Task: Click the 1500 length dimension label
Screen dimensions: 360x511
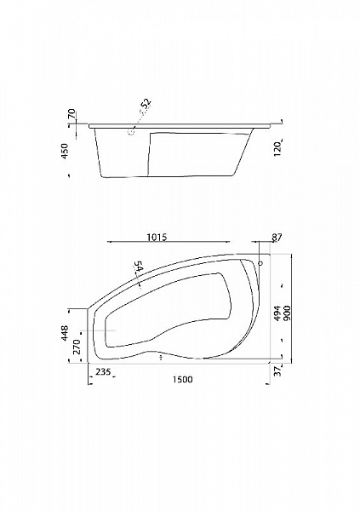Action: (183, 379)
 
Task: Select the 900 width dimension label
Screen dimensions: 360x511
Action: (287, 313)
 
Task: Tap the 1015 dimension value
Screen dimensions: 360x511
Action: (157, 237)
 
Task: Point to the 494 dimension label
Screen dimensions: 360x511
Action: (277, 313)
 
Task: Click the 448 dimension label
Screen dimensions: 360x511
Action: (65, 333)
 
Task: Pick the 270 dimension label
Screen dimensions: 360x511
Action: (77, 347)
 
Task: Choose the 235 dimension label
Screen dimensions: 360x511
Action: (103, 371)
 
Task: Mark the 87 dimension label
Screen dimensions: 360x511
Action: (277, 238)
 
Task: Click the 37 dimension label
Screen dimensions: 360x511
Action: (277, 371)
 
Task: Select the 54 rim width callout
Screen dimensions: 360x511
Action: (138, 267)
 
